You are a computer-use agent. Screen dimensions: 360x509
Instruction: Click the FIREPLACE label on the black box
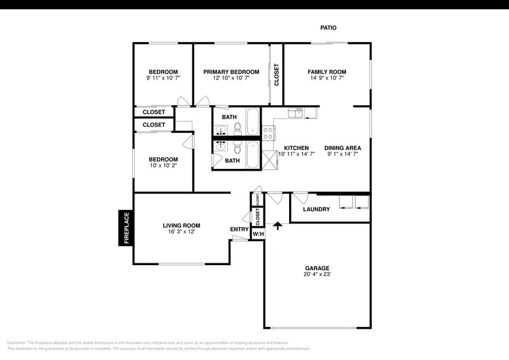tap(126, 228)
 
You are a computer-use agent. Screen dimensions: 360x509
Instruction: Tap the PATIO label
tap(328, 28)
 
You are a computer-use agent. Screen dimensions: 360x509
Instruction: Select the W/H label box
tap(258, 234)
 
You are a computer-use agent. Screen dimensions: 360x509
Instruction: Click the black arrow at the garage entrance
tap(277, 226)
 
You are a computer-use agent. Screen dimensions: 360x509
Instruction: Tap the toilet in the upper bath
tap(238, 128)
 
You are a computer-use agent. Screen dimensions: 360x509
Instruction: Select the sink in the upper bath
tap(221, 130)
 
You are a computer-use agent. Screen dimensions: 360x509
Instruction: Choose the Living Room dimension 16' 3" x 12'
tap(181, 232)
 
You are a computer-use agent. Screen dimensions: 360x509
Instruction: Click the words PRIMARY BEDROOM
tap(231, 72)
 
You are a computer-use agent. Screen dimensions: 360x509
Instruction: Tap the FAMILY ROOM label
tap(326, 72)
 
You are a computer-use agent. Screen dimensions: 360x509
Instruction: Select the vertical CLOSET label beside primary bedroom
tap(276, 75)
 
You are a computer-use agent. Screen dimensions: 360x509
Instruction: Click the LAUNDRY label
tap(316, 209)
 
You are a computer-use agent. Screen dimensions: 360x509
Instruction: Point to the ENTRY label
tap(239, 230)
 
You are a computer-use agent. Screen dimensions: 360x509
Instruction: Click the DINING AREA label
tap(342, 148)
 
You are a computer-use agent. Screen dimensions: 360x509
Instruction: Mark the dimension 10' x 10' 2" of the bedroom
tap(163, 166)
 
